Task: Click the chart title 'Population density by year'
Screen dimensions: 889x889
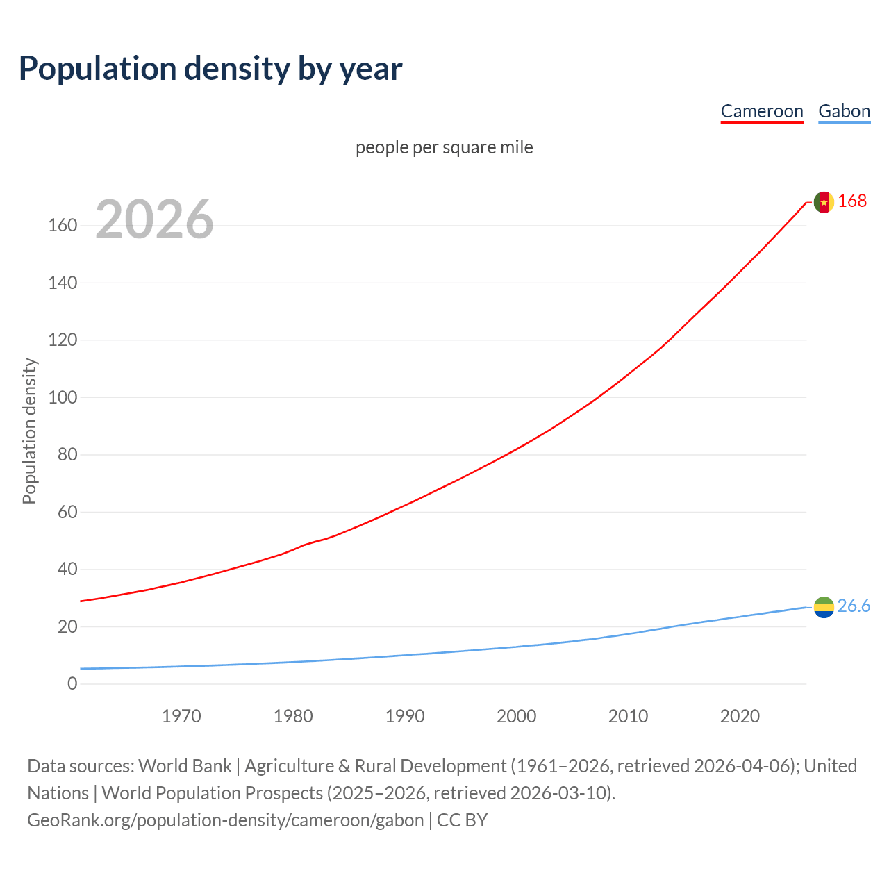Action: tap(210, 68)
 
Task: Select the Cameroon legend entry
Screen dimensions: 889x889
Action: tap(762, 111)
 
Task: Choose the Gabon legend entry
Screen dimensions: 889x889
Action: tap(844, 111)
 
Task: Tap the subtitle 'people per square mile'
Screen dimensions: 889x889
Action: tap(444, 147)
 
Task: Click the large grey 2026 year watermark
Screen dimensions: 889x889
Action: tap(154, 219)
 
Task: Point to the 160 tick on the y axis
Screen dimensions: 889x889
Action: tap(63, 226)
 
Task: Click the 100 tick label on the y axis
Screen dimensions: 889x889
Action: tap(63, 398)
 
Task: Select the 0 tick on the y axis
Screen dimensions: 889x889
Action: tap(72, 684)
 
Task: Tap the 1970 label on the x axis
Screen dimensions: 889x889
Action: tap(181, 716)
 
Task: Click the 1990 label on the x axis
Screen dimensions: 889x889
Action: tap(405, 716)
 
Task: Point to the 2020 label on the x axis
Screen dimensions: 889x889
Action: tap(740, 716)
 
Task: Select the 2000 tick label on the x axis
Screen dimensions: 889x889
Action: tap(517, 716)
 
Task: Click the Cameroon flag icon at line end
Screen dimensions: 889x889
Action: tap(824, 202)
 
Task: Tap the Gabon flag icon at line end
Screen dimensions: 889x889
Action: tap(824, 607)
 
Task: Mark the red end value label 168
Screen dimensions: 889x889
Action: tap(852, 201)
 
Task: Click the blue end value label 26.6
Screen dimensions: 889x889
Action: tap(854, 606)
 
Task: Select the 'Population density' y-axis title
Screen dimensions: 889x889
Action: tap(29, 431)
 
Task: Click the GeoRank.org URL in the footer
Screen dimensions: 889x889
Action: tap(226, 820)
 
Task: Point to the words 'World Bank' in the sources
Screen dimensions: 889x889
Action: tap(185, 766)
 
